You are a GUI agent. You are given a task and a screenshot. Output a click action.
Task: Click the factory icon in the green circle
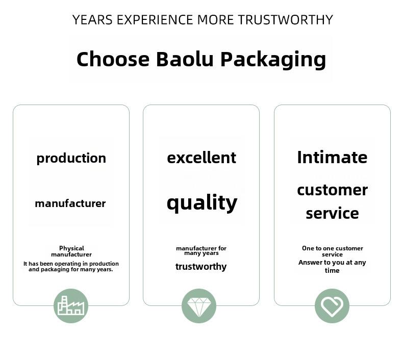(x=71, y=305)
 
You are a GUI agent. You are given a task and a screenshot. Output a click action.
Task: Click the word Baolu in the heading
(x=185, y=59)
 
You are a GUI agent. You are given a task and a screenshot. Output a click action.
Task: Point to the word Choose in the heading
(x=113, y=59)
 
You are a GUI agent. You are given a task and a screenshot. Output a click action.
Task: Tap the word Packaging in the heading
(x=273, y=60)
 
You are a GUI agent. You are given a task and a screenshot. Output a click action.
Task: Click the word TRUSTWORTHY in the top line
(x=285, y=20)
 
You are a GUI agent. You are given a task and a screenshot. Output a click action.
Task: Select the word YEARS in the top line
(x=92, y=20)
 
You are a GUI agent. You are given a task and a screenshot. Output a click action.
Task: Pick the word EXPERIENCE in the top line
(x=155, y=20)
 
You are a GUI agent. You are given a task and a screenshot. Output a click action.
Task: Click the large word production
(x=71, y=159)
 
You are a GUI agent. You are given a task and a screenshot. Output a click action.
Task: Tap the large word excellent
(x=202, y=158)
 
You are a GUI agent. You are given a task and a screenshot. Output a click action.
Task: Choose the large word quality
(x=202, y=203)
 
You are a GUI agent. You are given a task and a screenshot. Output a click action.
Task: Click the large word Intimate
(x=332, y=157)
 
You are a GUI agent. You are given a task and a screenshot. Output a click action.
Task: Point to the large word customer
(x=332, y=190)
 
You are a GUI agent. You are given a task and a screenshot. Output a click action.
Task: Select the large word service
(x=332, y=214)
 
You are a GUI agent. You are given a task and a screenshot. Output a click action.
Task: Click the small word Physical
(x=71, y=248)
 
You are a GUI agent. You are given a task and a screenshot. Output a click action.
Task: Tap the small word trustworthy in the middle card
(x=201, y=267)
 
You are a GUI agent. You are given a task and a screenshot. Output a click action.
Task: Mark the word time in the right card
(x=332, y=270)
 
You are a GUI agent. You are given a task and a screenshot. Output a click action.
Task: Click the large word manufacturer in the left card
(x=70, y=203)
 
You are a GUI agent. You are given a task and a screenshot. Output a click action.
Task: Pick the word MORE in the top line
(x=215, y=20)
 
